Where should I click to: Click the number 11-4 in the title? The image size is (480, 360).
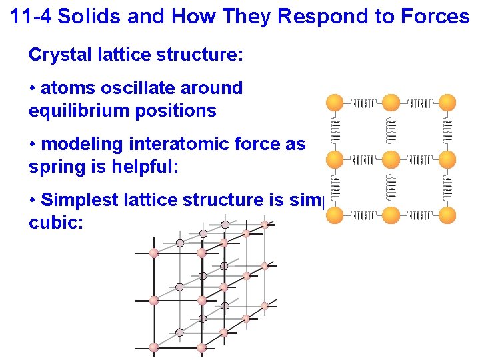click(x=31, y=17)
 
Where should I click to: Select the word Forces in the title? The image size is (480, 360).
click(x=437, y=17)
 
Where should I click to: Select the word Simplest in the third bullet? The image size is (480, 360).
click(x=84, y=200)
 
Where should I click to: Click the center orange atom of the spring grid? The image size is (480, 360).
click(x=391, y=159)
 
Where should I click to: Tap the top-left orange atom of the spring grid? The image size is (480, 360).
click(x=335, y=103)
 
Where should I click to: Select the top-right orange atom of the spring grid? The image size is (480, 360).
click(x=448, y=103)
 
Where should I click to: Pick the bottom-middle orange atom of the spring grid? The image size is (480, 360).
click(x=391, y=215)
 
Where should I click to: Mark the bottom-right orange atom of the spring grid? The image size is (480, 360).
click(x=448, y=215)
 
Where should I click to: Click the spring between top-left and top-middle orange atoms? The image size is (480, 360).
click(x=363, y=103)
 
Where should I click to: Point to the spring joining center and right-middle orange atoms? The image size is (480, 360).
click(x=420, y=159)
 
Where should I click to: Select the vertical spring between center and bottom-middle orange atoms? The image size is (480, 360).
click(x=391, y=187)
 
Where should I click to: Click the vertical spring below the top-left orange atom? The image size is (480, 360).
click(x=335, y=131)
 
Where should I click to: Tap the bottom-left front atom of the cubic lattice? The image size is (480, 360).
click(x=154, y=347)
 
